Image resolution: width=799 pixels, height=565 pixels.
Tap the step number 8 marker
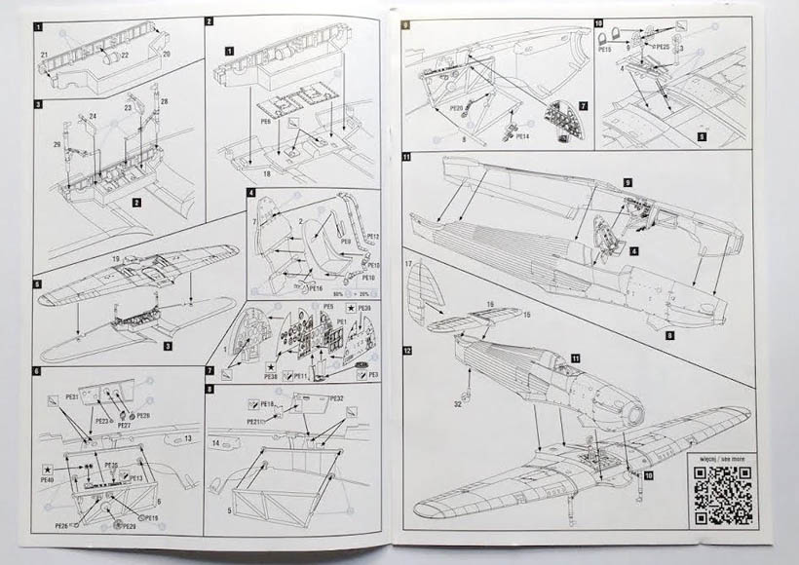coord(210,389)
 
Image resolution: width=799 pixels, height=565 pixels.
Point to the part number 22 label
coord(126,56)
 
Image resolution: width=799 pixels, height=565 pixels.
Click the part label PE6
coord(265,124)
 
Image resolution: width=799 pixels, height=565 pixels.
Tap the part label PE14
coord(521,137)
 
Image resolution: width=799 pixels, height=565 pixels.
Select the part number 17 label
coord(411,265)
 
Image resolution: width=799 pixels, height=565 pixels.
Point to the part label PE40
coord(47,479)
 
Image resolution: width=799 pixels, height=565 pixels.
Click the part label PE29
coord(129,527)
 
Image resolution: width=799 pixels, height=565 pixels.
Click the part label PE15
coord(604,47)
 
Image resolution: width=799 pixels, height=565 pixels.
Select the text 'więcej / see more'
coord(722,456)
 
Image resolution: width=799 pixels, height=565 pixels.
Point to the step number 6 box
coord(37,372)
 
